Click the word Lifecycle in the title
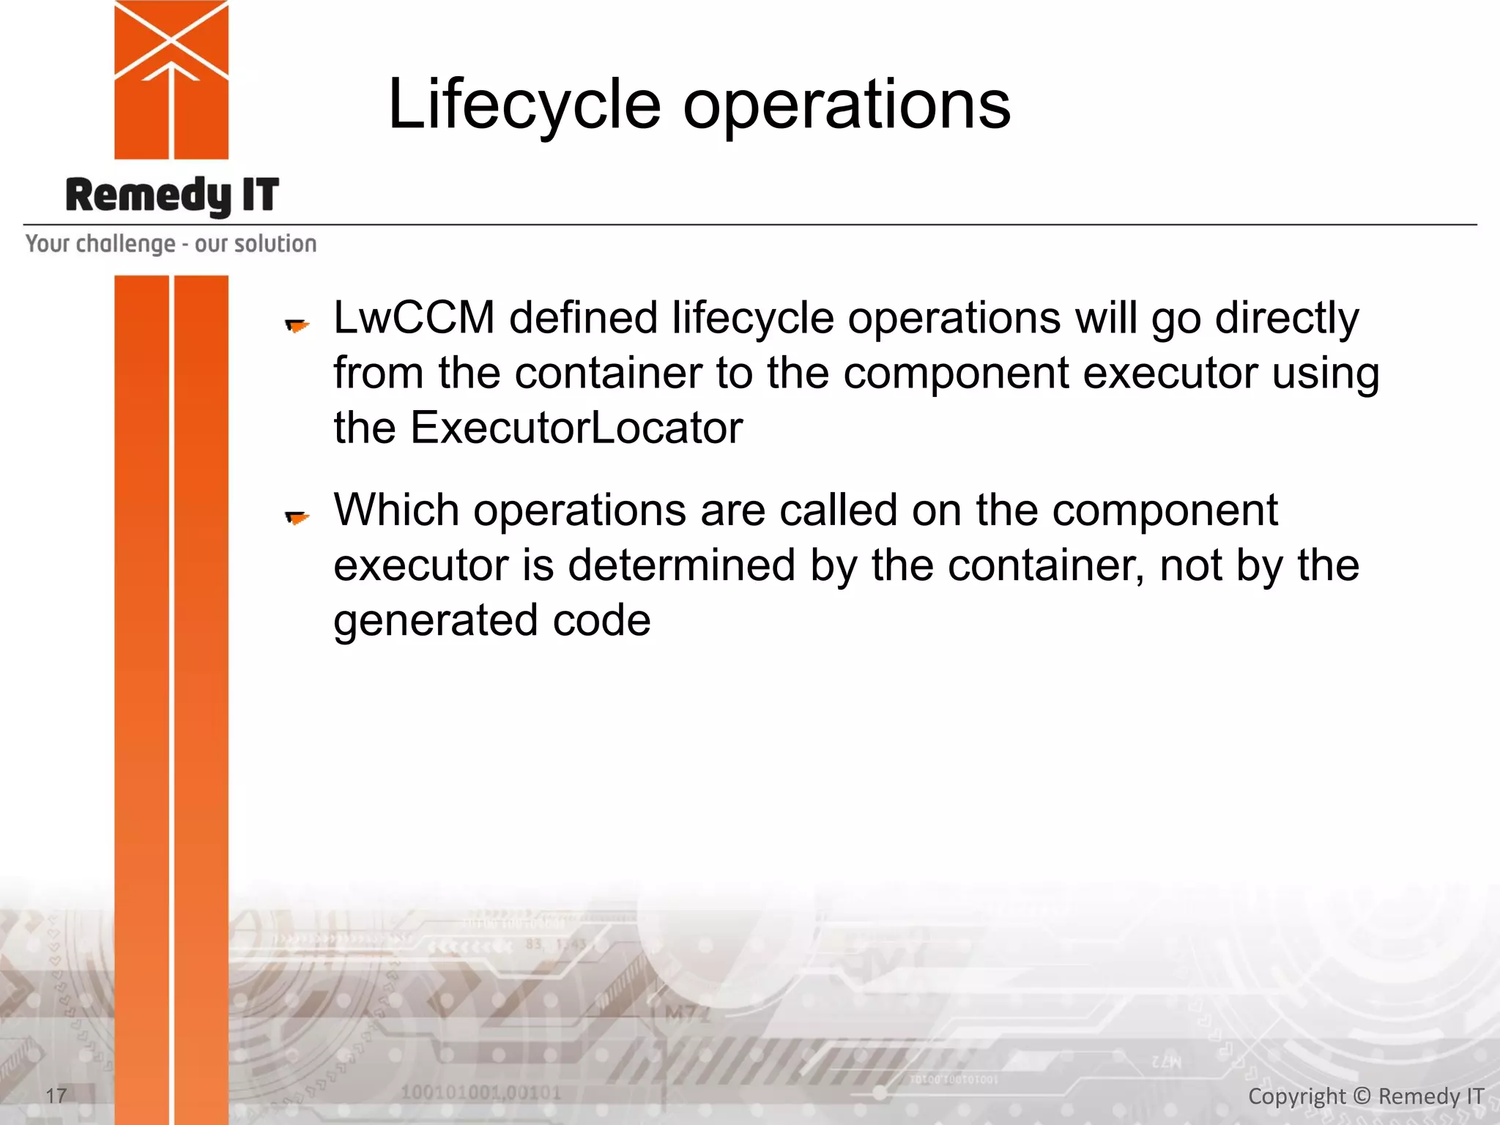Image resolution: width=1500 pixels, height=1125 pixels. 524,105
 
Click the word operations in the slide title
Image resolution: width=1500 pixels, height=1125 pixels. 847,105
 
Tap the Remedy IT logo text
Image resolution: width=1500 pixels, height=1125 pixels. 172,196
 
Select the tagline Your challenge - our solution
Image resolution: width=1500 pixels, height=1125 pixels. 171,243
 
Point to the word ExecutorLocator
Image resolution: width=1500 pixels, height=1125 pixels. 576,428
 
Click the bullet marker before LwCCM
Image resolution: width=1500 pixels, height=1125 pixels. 297,324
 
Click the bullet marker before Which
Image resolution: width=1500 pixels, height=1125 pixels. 297,518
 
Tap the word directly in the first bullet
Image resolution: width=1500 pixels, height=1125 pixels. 1287,318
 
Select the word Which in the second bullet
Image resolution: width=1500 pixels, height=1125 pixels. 396,510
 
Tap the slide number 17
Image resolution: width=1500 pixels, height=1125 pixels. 56,1096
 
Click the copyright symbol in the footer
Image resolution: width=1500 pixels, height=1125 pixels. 1362,1096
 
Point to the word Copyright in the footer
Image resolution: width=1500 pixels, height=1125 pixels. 1296,1096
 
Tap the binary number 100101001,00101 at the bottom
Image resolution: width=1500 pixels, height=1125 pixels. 480,1093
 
